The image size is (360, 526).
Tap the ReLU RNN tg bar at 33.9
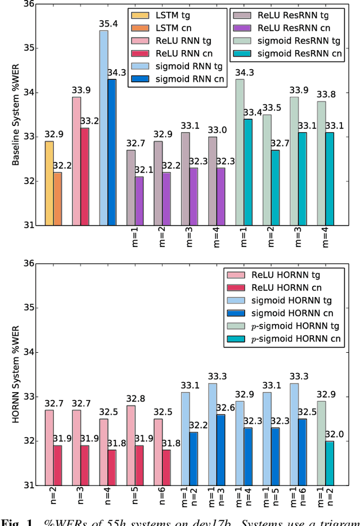coord(76,161)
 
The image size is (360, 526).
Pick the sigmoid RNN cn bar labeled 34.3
coord(112,152)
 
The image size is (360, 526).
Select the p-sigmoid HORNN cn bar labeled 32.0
coord(330,463)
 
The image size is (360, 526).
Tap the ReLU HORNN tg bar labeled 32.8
coord(131,445)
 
